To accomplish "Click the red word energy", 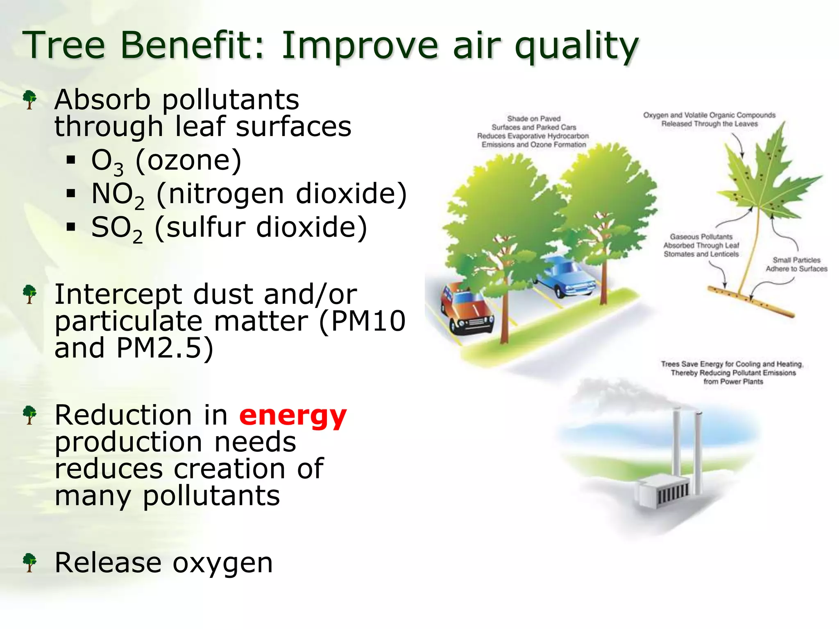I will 293,416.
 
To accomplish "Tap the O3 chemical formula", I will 107,161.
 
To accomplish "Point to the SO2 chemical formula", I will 117,229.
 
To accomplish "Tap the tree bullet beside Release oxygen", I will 29,563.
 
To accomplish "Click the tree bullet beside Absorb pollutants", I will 29,100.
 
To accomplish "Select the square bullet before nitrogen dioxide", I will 71,193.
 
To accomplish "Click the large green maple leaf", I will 762,180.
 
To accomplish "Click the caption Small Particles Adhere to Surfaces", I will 796,265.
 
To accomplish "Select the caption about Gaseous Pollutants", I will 701,245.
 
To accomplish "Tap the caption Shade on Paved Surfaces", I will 533,131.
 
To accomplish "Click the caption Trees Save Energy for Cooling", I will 732,373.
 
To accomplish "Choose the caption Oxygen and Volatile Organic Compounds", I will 709,119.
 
